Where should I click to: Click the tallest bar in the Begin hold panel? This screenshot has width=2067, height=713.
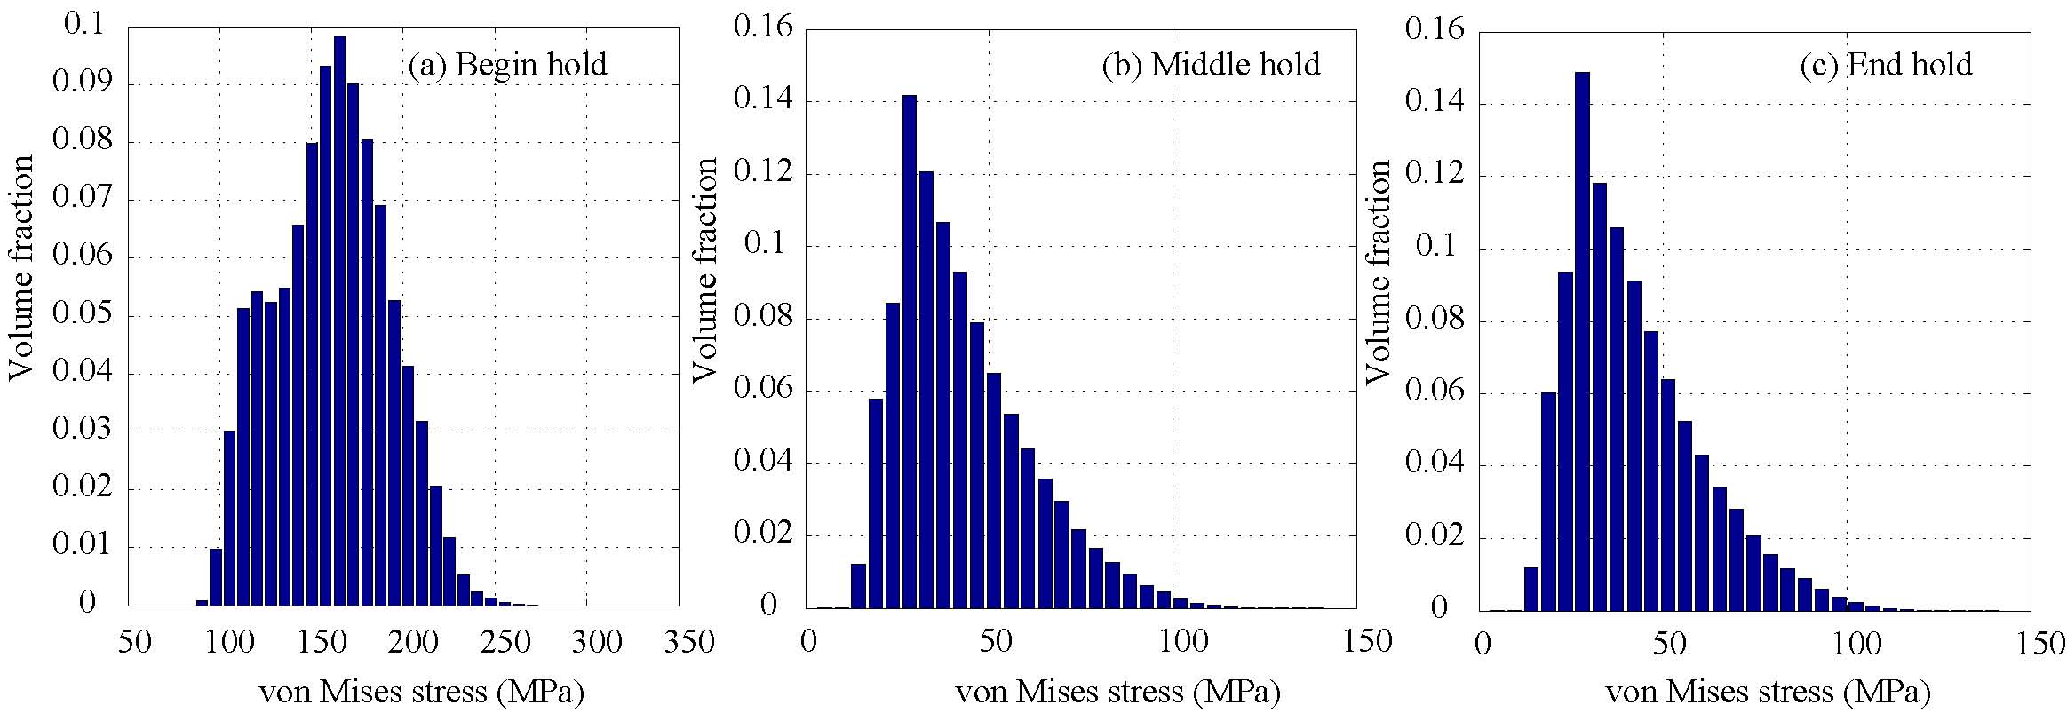(x=339, y=320)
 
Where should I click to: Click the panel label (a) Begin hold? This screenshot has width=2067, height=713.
(x=507, y=65)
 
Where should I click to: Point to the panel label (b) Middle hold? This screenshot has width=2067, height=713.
(x=1211, y=65)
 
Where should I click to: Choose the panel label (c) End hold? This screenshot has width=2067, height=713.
(x=1886, y=65)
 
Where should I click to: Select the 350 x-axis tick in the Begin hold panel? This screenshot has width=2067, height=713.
(x=678, y=641)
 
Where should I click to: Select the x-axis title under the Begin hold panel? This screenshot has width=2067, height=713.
(x=421, y=692)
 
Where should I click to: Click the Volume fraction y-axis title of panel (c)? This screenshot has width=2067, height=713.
(x=1377, y=272)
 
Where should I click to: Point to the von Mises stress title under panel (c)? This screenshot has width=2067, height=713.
(x=1768, y=692)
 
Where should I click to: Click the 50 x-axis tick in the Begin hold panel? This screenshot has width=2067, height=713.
(x=138, y=641)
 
